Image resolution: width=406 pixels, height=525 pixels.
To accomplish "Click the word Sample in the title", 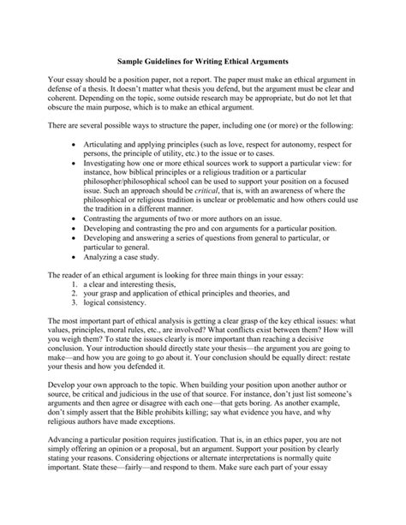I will click(x=130, y=62).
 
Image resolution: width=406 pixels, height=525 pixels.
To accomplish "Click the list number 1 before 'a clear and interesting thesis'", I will click(x=75, y=283).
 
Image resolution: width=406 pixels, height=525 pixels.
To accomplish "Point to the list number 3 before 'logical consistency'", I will click(x=75, y=302).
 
